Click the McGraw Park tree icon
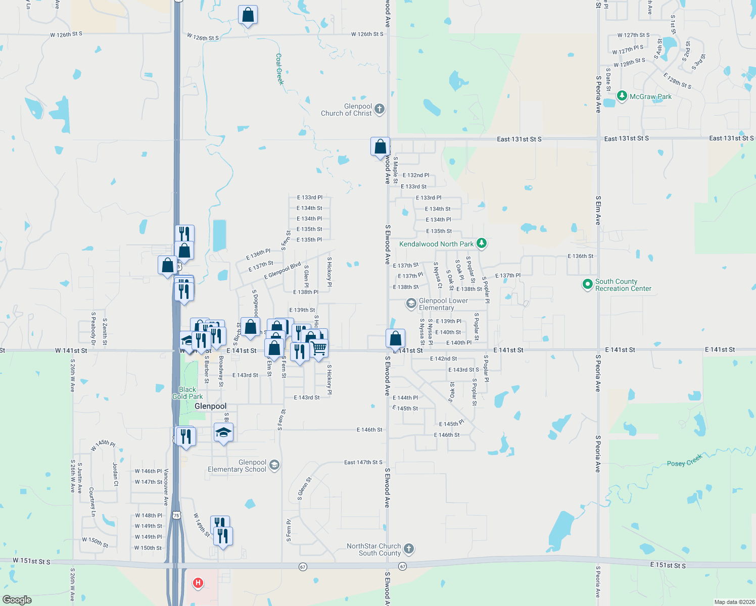click(622, 96)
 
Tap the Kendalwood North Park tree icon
click(482, 243)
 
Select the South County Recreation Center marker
click(587, 285)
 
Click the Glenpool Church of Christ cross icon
click(380, 109)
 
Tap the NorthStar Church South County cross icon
click(409, 548)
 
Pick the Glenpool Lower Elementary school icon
click(411, 304)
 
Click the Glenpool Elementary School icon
click(274, 465)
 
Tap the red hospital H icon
click(198, 583)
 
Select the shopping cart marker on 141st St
click(319, 348)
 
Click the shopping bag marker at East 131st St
click(380, 147)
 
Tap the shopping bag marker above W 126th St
click(248, 15)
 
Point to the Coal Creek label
click(279, 69)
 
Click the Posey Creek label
click(684, 461)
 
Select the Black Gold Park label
click(187, 393)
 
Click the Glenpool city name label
click(210, 406)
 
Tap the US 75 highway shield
click(176, 515)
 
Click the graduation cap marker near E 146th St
click(223, 433)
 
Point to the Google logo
click(17, 599)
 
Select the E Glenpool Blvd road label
click(282, 271)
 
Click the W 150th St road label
click(96, 542)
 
